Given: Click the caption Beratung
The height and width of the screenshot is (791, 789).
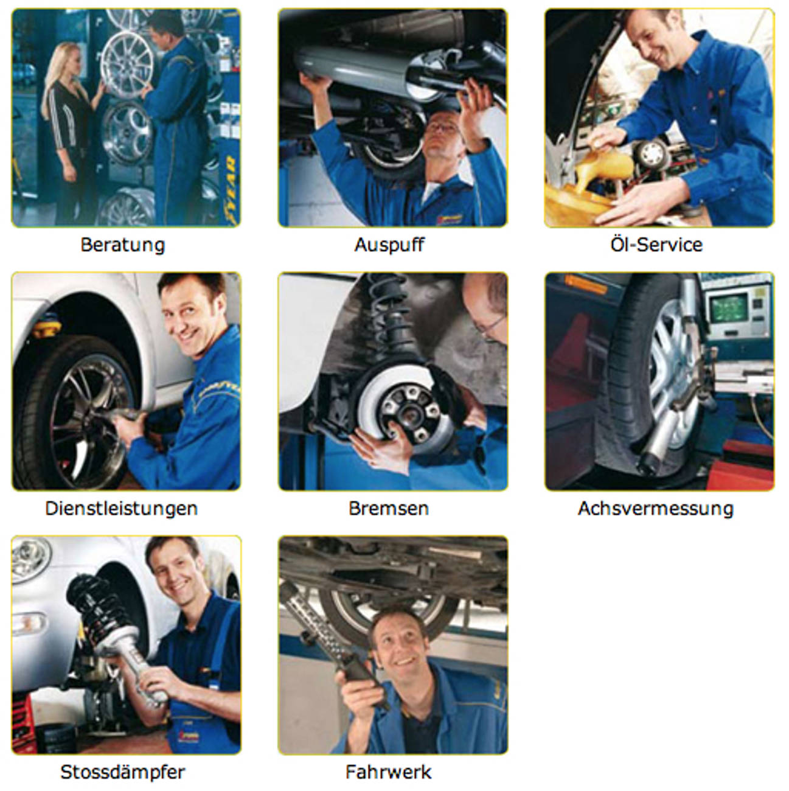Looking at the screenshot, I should [x=123, y=245].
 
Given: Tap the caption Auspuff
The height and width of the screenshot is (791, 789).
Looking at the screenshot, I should [x=389, y=245].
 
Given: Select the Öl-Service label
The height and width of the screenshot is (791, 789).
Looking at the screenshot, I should [x=656, y=245].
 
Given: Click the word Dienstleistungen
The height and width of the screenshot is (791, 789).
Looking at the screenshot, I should [x=122, y=508].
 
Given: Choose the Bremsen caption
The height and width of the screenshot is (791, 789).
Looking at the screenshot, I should [x=389, y=508].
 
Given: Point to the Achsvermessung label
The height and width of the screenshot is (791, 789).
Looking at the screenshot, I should [x=656, y=508].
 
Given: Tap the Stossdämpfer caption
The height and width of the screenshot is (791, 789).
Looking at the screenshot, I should [x=123, y=772].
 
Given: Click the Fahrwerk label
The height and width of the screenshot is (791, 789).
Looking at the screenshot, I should [x=389, y=772].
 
